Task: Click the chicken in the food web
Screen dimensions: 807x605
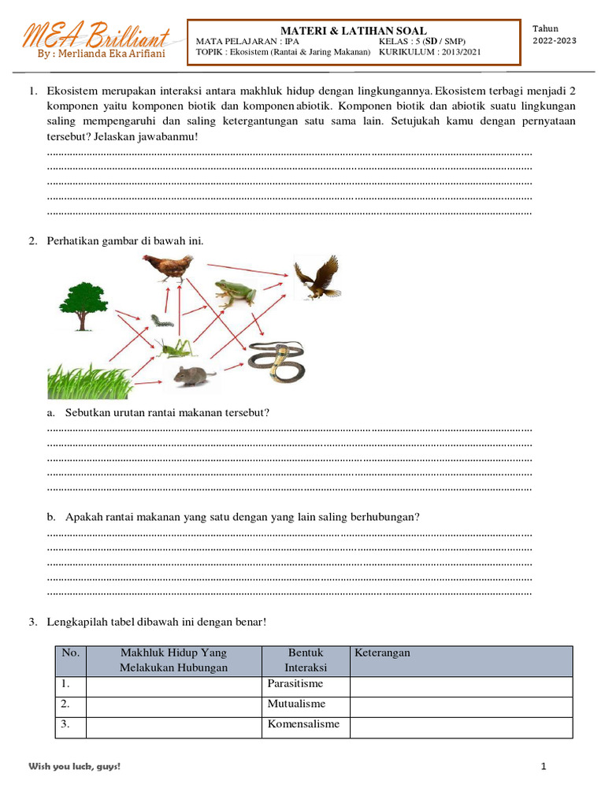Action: point(169,269)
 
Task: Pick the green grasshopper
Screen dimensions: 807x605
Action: point(174,348)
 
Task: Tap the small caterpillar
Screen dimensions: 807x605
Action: point(162,321)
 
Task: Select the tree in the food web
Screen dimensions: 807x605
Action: point(83,304)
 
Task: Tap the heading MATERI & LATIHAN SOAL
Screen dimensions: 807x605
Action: point(353,30)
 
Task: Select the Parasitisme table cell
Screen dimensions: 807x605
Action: point(295,684)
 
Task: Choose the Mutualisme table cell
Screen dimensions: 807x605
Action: point(296,705)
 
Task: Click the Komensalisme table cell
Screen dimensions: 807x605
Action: point(303,725)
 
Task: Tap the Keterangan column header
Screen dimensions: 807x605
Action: point(382,653)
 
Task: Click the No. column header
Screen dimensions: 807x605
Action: point(71,653)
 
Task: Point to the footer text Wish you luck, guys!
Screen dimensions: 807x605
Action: point(75,767)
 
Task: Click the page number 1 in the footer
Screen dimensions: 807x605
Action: point(544,767)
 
